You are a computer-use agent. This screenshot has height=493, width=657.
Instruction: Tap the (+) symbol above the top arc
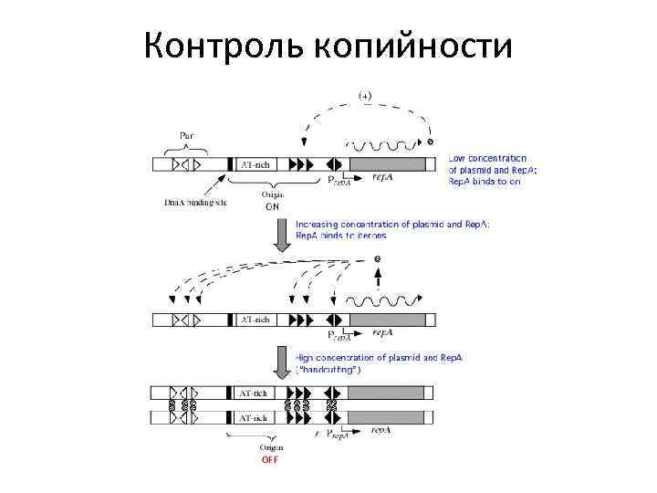(364, 95)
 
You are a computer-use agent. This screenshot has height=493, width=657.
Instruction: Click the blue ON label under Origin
(272, 206)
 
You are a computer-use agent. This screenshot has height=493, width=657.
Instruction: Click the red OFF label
(270, 459)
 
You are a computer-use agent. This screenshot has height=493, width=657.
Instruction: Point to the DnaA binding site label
(194, 202)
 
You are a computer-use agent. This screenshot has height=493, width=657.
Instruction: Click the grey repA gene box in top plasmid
(388, 164)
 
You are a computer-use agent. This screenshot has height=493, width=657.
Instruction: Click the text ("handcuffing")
(328, 370)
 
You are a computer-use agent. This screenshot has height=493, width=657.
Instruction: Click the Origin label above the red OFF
(271, 447)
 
